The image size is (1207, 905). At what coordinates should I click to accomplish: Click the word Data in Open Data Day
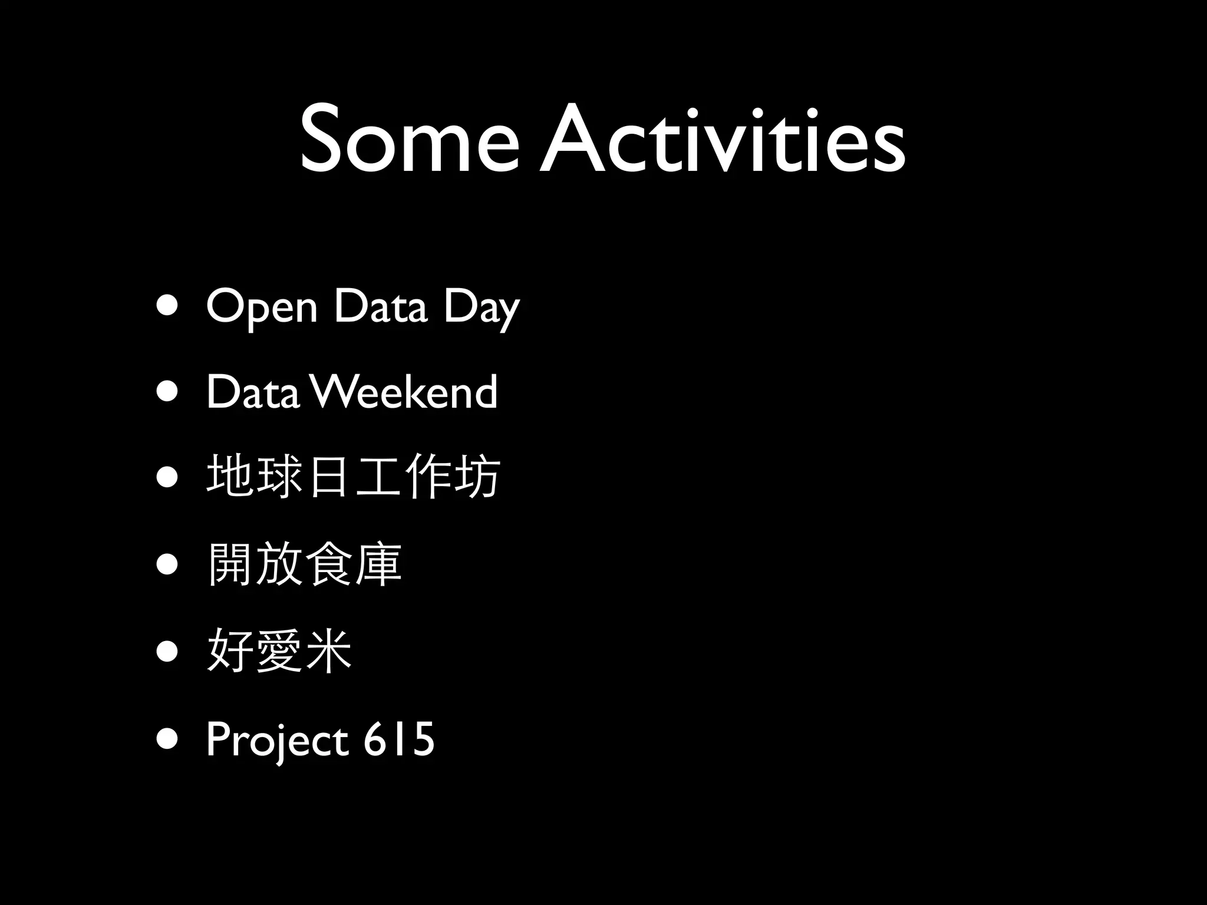[x=380, y=306]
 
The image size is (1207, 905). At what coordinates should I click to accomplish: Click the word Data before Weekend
[x=252, y=392]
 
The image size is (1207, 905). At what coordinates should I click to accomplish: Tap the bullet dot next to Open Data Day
[x=167, y=307]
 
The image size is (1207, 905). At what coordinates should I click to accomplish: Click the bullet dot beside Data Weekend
[x=167, y=392]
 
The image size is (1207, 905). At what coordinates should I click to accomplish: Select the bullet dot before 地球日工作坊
[x=167, y=478]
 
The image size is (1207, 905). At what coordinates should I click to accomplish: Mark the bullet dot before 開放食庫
[x=167, y=564]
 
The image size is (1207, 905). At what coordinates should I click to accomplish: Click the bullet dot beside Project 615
[x=167, y=739]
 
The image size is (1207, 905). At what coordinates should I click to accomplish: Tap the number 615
[x=398, y=739]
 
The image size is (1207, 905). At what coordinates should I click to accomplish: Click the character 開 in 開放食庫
[x=230, y=564]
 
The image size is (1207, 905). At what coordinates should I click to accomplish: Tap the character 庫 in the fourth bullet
[x=378, y=564]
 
